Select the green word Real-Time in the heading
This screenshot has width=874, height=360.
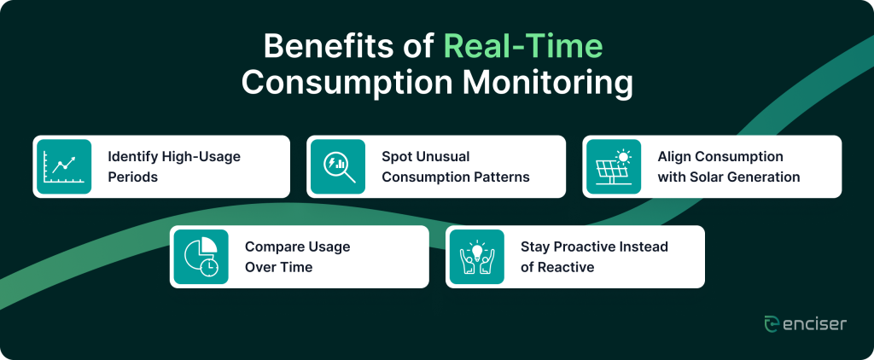(x=523, y=46)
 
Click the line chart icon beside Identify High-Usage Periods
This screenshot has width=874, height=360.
(x=64, y=166)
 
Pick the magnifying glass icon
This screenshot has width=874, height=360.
(x=338, y=166)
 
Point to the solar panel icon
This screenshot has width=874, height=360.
(x=613, y=166)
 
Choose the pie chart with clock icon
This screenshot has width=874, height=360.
(x=201, y=257)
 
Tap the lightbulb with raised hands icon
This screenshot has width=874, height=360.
(x=476, y=257)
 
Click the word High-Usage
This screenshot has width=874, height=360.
(x=201, y=157)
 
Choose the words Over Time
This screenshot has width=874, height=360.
(x=279, y=268)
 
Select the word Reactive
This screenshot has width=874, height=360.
(x=566, y=268)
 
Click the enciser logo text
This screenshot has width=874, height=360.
(x=814, y=324)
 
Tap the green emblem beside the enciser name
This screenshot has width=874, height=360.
(x=772, y=324)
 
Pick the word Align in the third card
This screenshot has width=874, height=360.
(x=673, y=157)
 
